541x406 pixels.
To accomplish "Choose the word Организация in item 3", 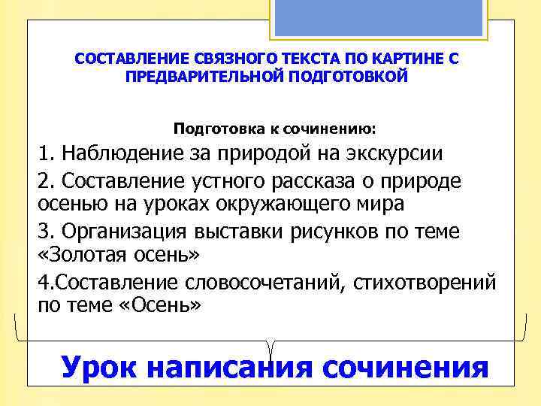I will [127, 232].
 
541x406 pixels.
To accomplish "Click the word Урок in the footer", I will [99, 367].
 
